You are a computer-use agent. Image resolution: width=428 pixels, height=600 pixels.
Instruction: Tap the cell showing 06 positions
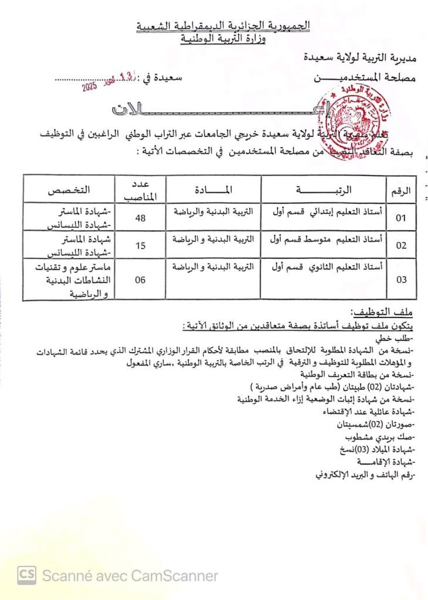point(140,280)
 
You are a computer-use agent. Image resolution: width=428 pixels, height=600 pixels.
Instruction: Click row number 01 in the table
point(401,219)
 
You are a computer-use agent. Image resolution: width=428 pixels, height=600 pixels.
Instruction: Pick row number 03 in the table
point(402,280)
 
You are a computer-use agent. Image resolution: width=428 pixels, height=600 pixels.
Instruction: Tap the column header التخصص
point(69,190)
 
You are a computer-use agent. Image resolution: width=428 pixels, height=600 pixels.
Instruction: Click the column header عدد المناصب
point(140,189)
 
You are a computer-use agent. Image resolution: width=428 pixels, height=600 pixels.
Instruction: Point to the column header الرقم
point(402,190)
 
